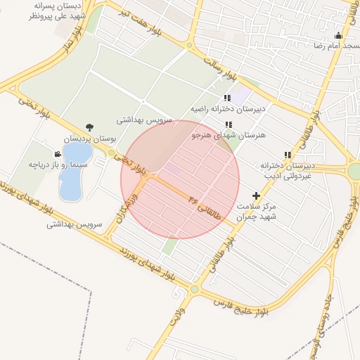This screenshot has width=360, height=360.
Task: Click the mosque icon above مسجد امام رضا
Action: (x=338, y=36)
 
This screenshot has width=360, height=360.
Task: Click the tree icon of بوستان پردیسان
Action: (x=89, y=127)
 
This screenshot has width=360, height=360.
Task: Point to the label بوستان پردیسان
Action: (x=89, y=139)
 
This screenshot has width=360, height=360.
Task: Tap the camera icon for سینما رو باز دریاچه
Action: (x=57, y=153)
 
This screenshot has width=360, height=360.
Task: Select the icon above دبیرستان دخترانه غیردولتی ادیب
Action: (x=286, y=155)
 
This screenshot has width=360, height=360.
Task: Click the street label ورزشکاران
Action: (x=132, y=202)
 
